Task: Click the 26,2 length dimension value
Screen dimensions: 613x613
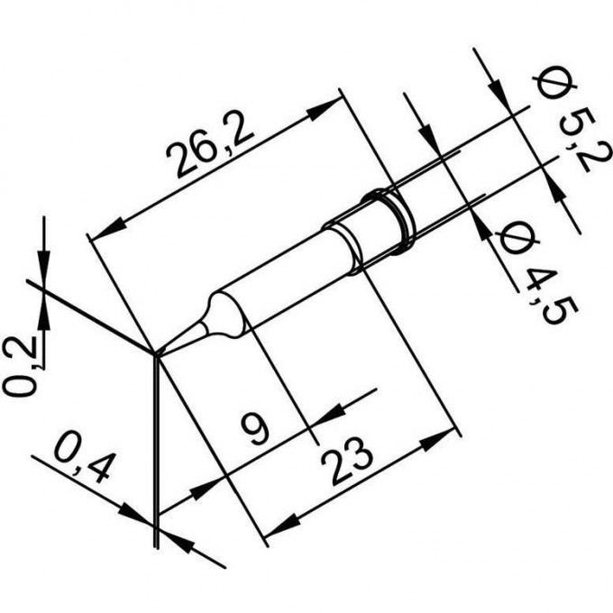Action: [210, 147]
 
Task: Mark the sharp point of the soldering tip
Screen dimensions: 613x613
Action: [156, 355]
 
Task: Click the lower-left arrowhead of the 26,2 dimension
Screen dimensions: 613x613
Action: [106, 230]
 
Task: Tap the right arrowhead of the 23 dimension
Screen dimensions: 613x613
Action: [437, 439]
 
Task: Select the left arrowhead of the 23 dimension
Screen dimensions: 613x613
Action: [283, 526]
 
